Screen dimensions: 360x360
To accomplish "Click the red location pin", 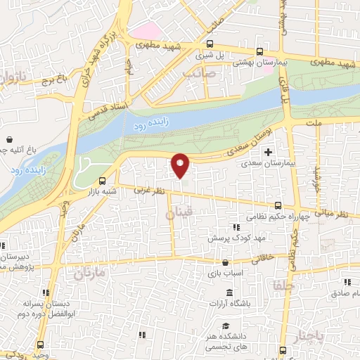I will click(x=181, y=165).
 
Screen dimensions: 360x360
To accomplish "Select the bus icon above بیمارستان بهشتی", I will click(x=259, y=51).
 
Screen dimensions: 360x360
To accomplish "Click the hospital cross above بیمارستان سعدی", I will click(x=267, y=152).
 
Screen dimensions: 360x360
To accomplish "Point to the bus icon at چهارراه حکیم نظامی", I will click(x=278, y=205).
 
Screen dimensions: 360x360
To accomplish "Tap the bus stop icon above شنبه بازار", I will click(x=103, y=179).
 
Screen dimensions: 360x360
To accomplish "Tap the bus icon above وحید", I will click(x=39, y=345).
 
